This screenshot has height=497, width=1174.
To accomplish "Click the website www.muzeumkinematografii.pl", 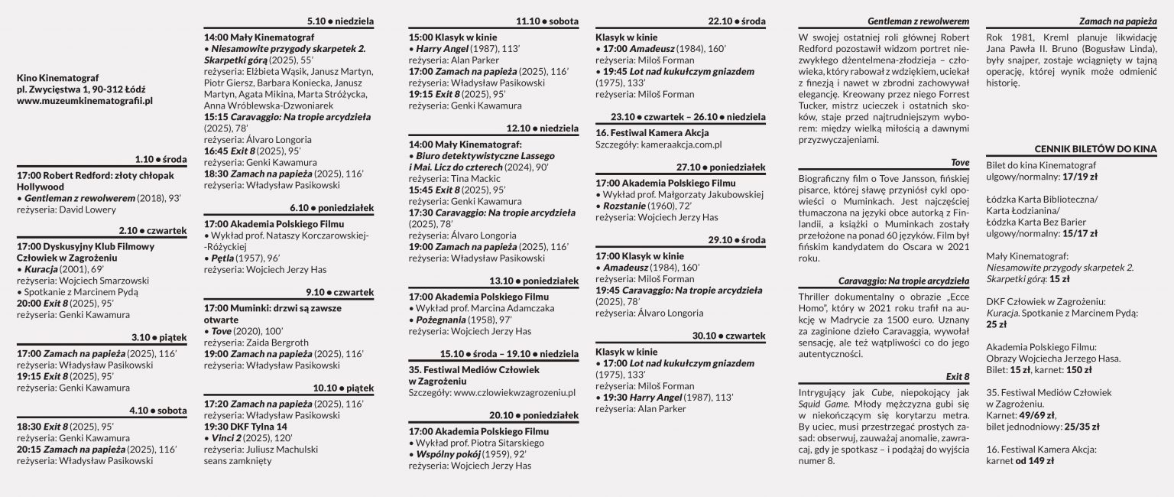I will click(85, 100).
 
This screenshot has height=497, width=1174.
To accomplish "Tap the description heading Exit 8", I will click(957, 376).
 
